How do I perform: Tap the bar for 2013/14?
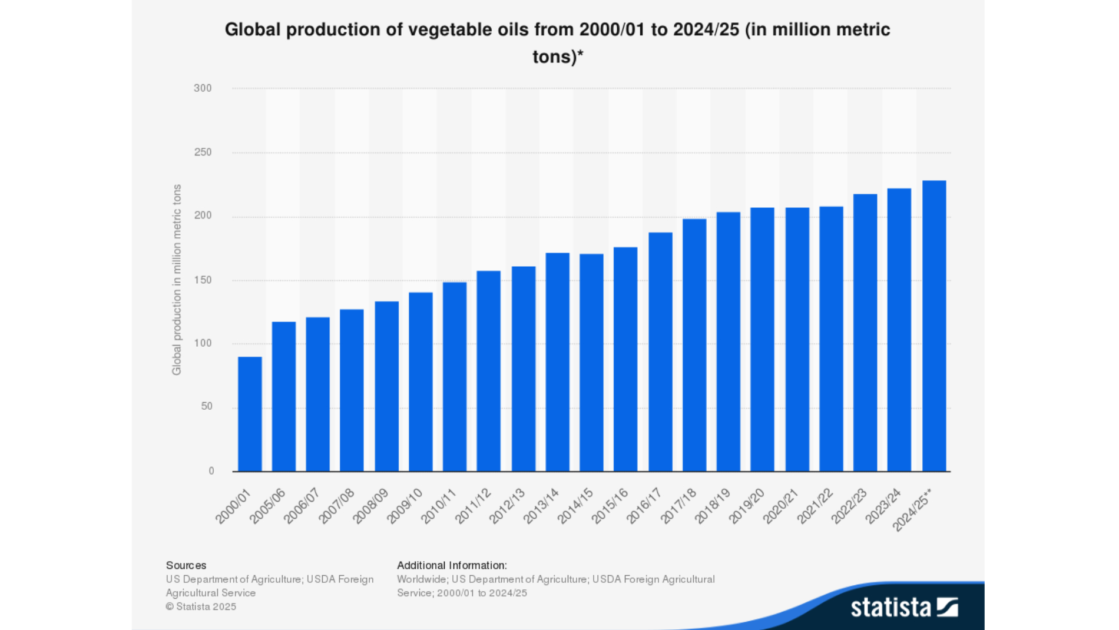pos(557,362)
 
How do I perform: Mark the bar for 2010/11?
pos(455,377)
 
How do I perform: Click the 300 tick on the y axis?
pos(203,88)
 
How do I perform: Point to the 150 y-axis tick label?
pos(203,280)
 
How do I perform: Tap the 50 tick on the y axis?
pos(206,407)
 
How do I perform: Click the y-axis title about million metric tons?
pos(177,280)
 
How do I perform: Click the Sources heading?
pos(186,565)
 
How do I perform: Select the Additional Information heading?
pos(452,565)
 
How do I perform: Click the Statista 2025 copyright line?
pos(201,606)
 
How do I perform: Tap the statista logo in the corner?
pos(904,607)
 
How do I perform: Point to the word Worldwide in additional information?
pos(421,579)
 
